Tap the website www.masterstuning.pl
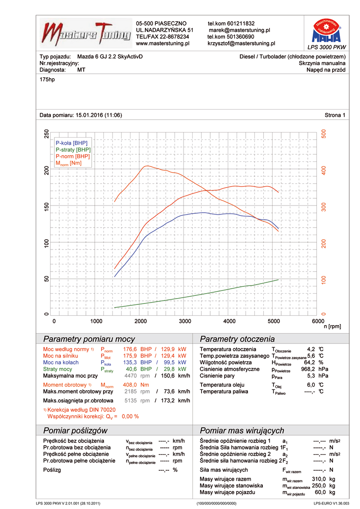tap(162, 44)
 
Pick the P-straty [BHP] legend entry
tap(73, 149)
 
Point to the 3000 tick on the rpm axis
tap(185, 321)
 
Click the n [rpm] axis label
tap(332, 326)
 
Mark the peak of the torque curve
tap(146, 166)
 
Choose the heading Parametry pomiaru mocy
tap(89, 339)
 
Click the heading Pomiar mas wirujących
tap(242, 430)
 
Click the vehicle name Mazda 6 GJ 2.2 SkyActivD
tap(110, 57)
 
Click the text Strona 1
tap(335, 115)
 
